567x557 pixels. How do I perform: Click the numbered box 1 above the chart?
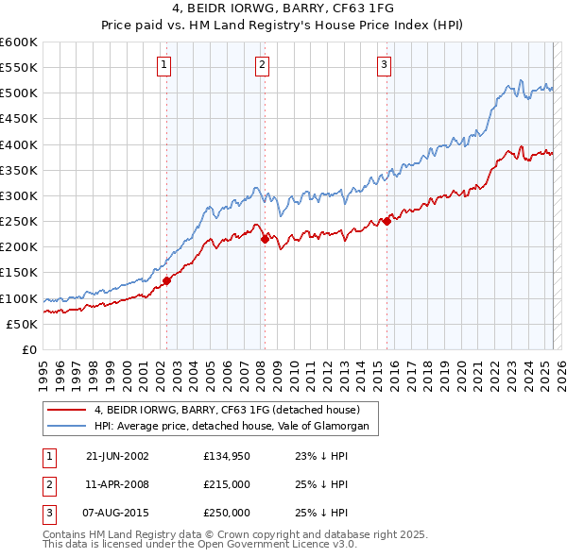point(164,64)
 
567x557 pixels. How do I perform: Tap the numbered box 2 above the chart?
point(262,64)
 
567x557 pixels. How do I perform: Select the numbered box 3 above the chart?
point(385,64)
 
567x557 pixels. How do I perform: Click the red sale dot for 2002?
point(166,280)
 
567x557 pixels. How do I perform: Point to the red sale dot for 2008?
point(264,240)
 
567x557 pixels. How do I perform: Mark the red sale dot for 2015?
point(387,222)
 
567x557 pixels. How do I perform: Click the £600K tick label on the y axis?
point(19,42)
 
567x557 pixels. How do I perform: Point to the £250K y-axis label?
point(19,222)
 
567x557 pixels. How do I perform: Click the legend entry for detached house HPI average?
point(236,427)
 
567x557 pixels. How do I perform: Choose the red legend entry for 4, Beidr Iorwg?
point(227,411)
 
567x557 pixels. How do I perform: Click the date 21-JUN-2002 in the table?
point(117,456)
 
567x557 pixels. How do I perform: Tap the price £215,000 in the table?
point(227,484)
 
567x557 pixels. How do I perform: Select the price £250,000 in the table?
point(227,513)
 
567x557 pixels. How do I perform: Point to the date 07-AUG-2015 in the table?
point(117,513)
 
